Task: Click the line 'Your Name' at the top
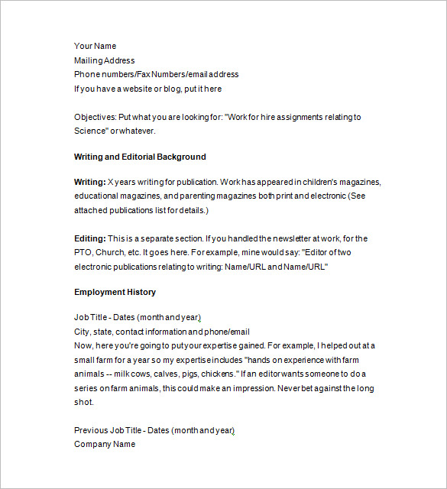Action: click(x=95, y=46)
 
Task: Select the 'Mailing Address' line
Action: click(x=104, y=60)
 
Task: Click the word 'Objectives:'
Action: click(x=95, y=117)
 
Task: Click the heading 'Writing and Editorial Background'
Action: click(x=140, y=157)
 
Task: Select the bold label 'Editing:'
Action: click(x=89, y=238)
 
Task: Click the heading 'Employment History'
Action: click(x=115, y=292)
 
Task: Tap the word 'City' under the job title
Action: click(x=82, y=332)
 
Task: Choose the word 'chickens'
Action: click(x=218, y=374)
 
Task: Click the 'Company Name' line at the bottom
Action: click(x=105, y=444)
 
